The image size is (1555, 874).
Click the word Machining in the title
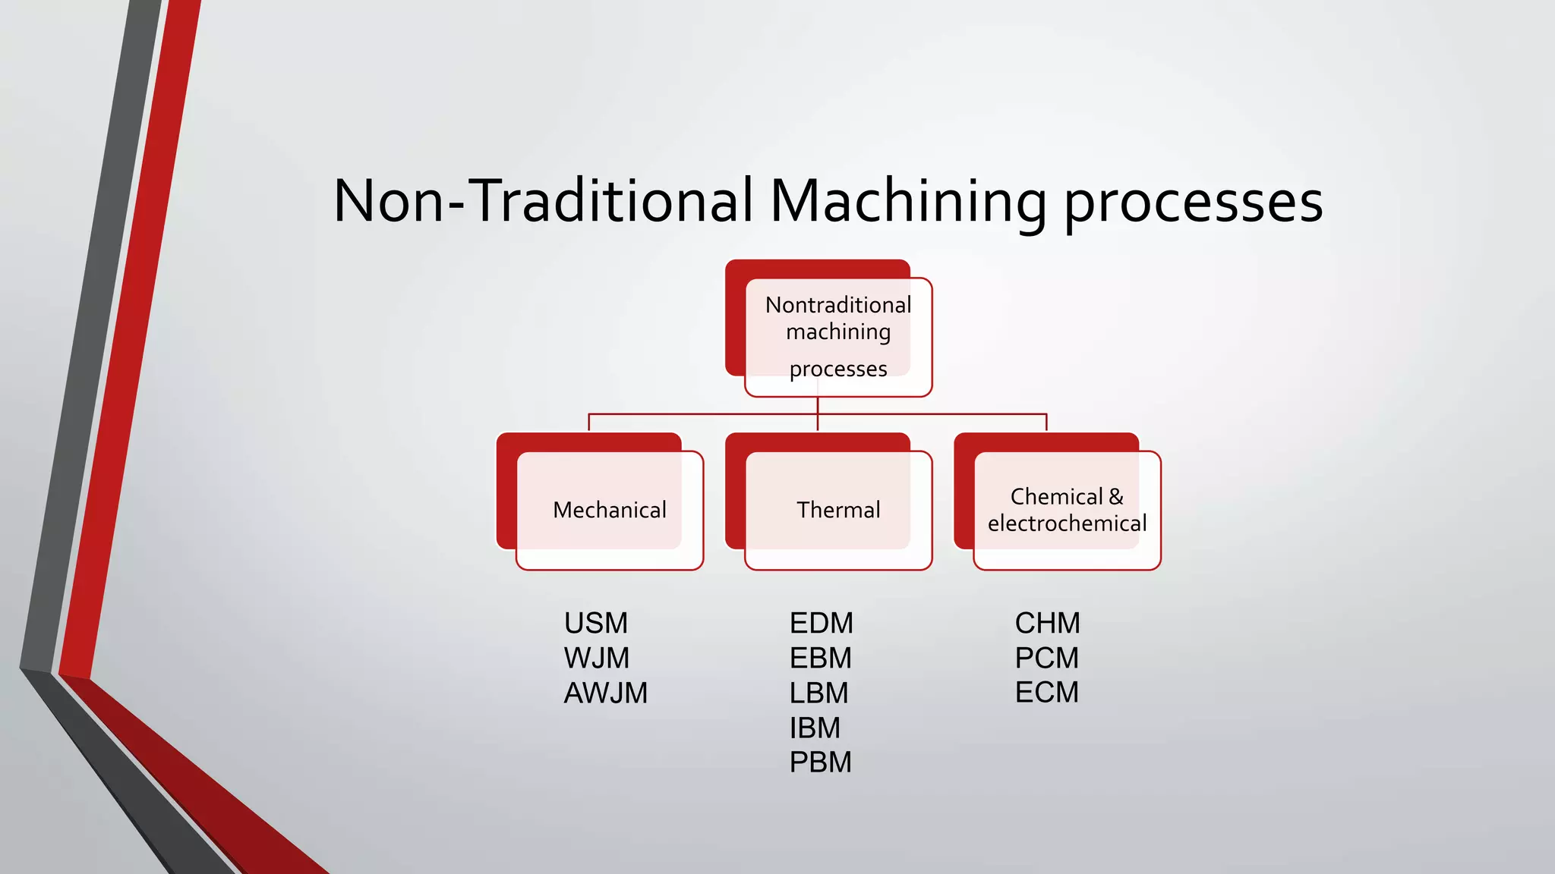(x=908, y=201)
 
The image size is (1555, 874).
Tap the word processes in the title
(x=1193, y=203)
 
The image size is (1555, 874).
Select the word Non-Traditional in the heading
(x=543, y=201)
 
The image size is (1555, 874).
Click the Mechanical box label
(x=610, y=510)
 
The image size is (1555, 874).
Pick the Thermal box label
(x=838, y=510)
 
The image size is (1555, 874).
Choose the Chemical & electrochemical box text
(x=1067, y=510)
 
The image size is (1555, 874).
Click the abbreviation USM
(x=596, y=624)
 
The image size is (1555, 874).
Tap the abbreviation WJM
(x=597, y=658)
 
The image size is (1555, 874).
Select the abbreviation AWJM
(x=606, y=693)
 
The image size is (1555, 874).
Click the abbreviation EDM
(x=822, y=624)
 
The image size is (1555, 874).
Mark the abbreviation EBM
(x=821, y=658)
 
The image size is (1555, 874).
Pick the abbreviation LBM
(x=819, y=693)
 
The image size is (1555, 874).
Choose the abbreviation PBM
(x=821, y=762)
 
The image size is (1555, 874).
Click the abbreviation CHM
(x=1048, y=624)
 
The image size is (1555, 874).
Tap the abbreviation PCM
(x=1047, y=658)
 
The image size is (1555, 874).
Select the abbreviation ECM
(x=1047, y=692)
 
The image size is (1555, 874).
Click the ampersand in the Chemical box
(x=1116, y=497)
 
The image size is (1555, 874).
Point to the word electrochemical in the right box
(x=1067, y=523)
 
